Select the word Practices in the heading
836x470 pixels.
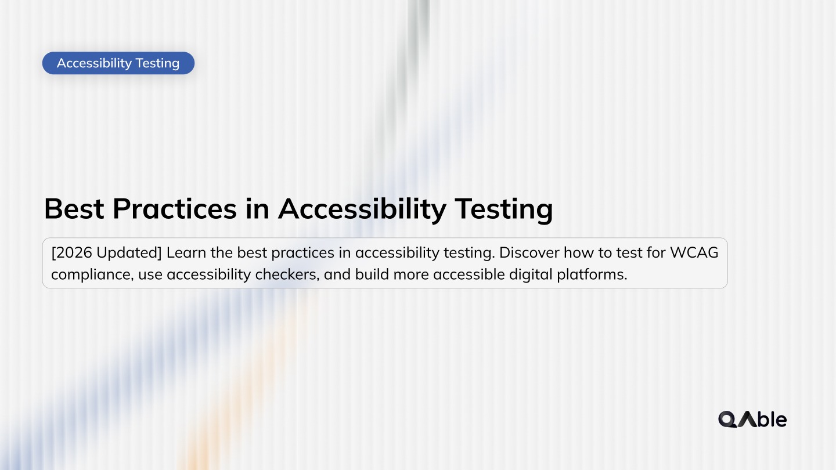[175, 209]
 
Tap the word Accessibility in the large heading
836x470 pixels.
[362, 209]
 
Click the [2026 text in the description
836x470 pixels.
[72, 254]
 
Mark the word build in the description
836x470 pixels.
[372, 274]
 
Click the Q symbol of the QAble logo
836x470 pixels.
[727, 419]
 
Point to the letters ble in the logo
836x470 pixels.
[772, 419]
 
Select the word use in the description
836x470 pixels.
[150, 274]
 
